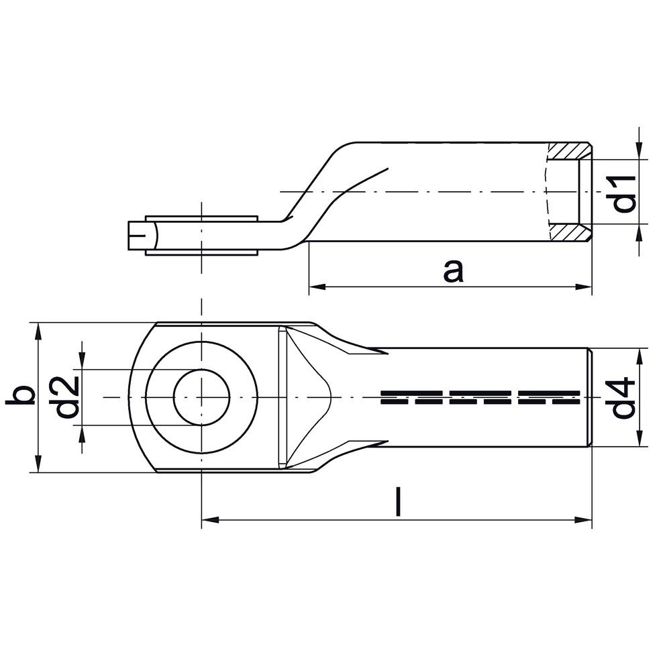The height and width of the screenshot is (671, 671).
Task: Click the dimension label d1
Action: [623, 193]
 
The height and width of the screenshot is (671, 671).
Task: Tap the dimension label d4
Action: [623, 397]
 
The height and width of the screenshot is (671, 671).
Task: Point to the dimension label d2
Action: [67, 397]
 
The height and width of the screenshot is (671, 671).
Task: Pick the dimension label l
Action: [399, 501]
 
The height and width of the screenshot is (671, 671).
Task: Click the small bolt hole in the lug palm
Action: [201, 397]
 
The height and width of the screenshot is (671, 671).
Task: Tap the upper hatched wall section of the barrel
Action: [570, 151]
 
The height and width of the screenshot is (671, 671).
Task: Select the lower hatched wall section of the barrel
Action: [570, 232]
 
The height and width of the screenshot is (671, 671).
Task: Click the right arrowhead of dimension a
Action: [584, 287]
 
